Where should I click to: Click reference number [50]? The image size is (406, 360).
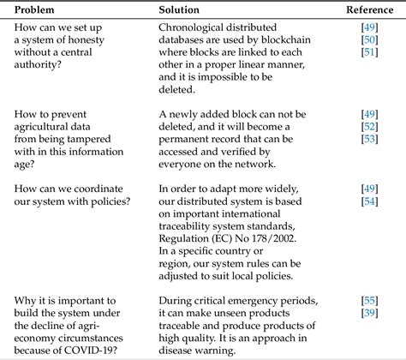pyautogui.click(x=370, y=40)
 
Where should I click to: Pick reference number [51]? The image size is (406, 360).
pyautogui.click(x=370, y=53)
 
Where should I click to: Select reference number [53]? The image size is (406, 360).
pyautogui.click(x=370, y=140)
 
